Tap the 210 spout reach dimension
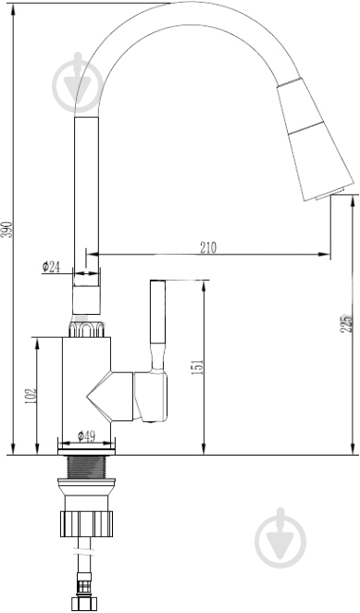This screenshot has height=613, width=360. click(x=208, y=247)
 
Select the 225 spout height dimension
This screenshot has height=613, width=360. click(x=345, y=323)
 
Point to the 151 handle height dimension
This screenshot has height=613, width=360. click(x=198, y=367)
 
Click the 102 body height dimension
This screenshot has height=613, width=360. click(x=31, y=396)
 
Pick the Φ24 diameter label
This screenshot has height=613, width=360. click(x=51, y=267)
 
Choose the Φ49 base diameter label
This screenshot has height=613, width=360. click(x=86, y=436)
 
